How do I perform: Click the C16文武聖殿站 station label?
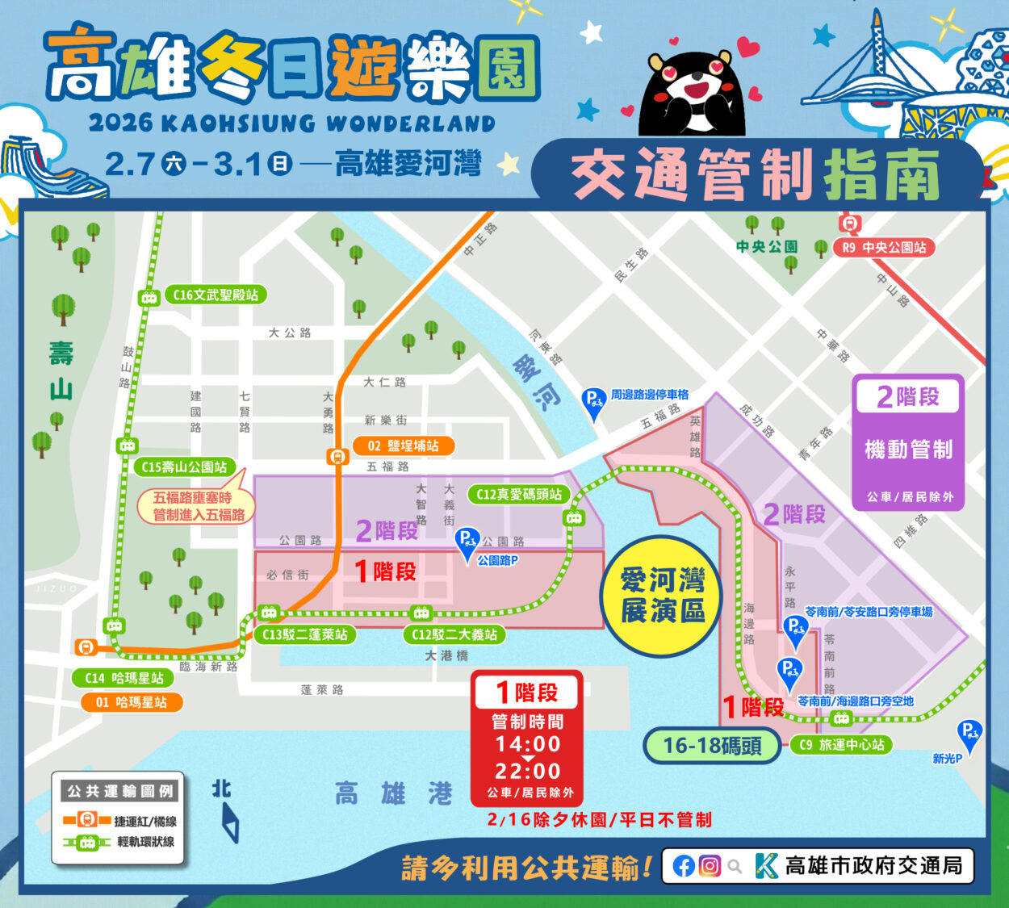point(215,295)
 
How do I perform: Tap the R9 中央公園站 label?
point(885,247)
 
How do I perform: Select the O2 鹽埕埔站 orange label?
point(404,446)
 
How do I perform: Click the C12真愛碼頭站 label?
point(518,494)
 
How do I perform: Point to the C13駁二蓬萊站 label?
point(305,634)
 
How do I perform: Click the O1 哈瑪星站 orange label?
point(132,702)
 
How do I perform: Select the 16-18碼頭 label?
point(712,745)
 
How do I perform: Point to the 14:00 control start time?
point(528,743)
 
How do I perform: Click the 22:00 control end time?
point(528,771)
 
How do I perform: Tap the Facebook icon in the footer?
point(684,866)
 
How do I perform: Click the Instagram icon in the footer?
point(710,866)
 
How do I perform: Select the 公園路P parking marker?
point(467,542)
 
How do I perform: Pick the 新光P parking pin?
point(968,735)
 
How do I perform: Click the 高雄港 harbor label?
point(393,794)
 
